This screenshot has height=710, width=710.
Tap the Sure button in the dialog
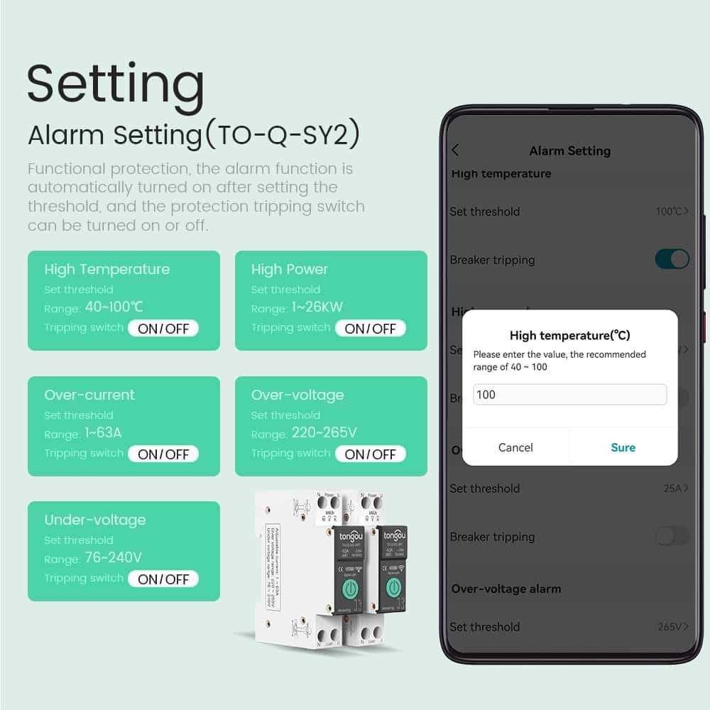point(623,447)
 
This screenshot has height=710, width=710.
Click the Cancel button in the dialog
point(515,447)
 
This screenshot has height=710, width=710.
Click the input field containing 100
point(569,395)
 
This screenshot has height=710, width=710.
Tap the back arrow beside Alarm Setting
point(455,150)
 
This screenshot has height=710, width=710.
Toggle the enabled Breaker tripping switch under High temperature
point(672,259)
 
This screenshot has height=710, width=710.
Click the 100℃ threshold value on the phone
point(671,212)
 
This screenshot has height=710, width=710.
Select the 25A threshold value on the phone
point(674,488)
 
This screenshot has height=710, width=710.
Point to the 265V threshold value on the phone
point(672,627)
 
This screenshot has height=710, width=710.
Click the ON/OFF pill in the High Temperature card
point(163,328)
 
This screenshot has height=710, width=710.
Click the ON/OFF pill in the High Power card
point(370,328)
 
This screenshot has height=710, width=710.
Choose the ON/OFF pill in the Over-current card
point(163,454)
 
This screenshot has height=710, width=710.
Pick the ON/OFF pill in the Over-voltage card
point(370,454)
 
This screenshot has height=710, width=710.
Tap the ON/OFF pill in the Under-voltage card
point(163,579)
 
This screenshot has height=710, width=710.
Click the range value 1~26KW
point(318,307)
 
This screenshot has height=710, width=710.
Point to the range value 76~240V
point(114,558)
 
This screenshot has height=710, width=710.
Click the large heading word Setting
point(116,84)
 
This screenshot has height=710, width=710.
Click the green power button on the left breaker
point(351,589)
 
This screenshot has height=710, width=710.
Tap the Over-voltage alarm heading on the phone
point(506,589)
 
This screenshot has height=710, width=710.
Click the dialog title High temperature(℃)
point(569,336)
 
